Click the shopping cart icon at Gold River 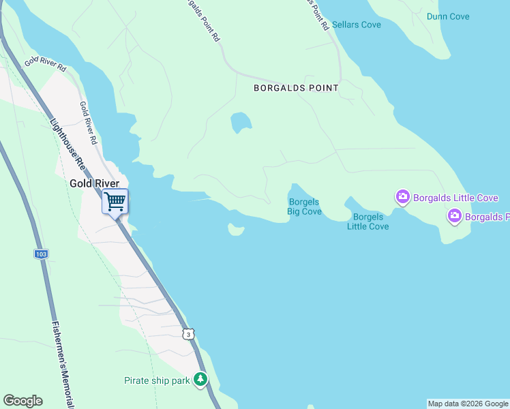coord(115,201)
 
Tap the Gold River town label coord(95,183)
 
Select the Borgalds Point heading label coord(296,88)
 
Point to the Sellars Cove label coord(357,25)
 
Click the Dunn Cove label coord(448,16)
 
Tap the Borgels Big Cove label coord(304,207)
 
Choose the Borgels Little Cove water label coord(368,222)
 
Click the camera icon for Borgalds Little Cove coord(403,198)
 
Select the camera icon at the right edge coord(455,217)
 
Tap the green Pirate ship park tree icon coord(200,379)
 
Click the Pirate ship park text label coord(157,380)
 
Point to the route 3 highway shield coord(188,334)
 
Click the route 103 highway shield coord(41,254)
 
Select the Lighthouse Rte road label coord(67,144)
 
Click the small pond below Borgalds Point coord(241,123)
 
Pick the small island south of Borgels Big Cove coord(236,230)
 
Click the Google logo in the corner coord(22,401)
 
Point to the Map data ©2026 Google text coord(468,404)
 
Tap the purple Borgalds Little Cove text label coord(455,198)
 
